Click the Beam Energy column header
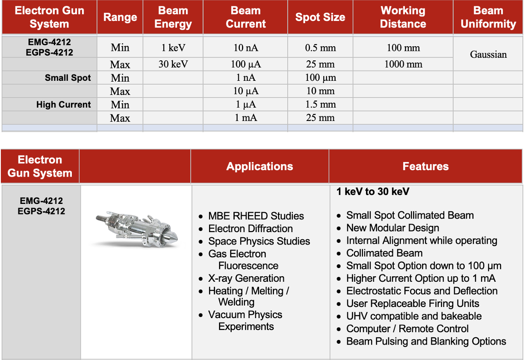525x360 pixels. (x=173, y=17)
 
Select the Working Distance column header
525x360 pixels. (x=403, y=17)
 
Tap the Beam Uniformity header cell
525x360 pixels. (x=488, y=17)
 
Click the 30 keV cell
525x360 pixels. (x=173, y=65)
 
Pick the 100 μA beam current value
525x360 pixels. (x=245, y=65)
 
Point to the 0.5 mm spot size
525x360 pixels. (x=320, y=48)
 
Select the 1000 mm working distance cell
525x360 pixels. (x=403, y=65)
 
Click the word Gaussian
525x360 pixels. (x=488, y=55)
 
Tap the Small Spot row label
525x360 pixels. (x=68, y=78)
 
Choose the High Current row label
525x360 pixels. (x=64, y=105)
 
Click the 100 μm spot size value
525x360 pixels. (x=320, y=78)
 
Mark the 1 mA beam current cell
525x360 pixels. (x=245, y=118)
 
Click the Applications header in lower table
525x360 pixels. (x=260, y=166)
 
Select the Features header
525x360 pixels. (x=425, y=166)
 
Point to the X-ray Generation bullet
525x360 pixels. (x=246, y=278)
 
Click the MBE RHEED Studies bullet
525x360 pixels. (x=256, y=216)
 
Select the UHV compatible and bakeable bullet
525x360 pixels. (x=413, y=316)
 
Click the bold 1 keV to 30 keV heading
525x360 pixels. (x=373, y=192)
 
